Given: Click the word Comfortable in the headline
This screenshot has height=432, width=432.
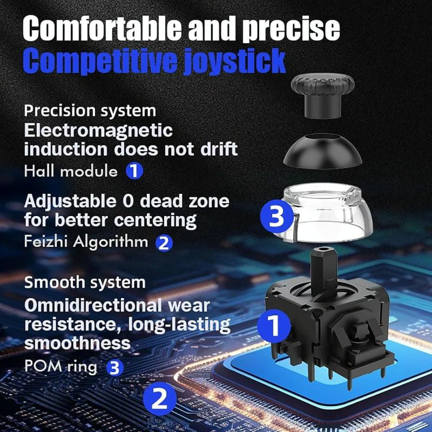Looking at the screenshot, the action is (x=102, y=28).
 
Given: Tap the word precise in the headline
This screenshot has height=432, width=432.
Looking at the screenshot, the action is (x=291, y=30).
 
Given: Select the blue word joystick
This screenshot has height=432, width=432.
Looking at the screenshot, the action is (x=235, y=61).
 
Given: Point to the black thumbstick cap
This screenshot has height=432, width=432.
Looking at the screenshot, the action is (x=322, y=97).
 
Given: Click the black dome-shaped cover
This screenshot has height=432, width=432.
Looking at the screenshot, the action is (x=322, y=151).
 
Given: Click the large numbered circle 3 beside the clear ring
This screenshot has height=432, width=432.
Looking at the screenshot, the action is (x=276, y=216).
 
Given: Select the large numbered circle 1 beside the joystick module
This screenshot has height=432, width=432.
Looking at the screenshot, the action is (x=274, y=326).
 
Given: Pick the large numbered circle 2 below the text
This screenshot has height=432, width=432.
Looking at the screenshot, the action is (x=159, y=399).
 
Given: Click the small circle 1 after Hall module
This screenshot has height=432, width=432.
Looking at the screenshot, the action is (x=134, y=171).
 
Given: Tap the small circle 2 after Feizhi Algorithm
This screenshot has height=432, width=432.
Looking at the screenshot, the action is (x=164, y=243).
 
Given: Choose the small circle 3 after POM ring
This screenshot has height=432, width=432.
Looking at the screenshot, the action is (x=115, y=368).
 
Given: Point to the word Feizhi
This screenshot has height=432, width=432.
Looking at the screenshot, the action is (x=46, y=241).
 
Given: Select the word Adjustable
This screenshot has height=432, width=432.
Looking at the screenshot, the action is (x=70, y=202).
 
